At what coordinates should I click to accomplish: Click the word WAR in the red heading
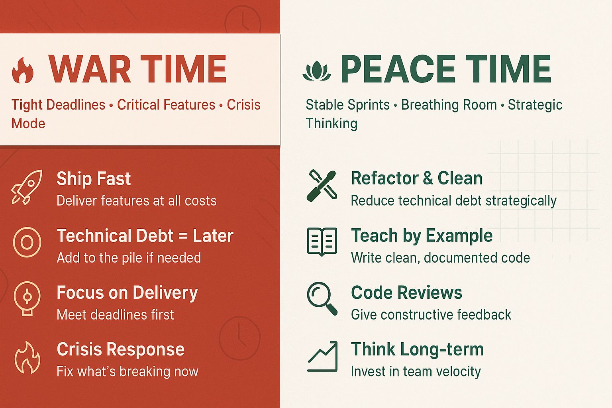point(90,69)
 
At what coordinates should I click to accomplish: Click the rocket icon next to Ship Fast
point(27,187)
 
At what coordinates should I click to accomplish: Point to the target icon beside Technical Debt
point(27,242)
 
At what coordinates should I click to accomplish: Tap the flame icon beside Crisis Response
point(27,357)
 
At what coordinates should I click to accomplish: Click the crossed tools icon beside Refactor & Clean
point(322,186)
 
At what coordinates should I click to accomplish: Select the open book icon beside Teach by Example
point(322,241)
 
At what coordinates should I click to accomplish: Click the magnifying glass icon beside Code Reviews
point(322,298)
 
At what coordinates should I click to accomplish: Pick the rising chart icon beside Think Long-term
point(322,356)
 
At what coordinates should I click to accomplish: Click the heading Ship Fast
point(94,179)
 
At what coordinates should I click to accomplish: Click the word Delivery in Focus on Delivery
point(165,293)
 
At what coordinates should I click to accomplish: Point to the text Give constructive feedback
point(431,314)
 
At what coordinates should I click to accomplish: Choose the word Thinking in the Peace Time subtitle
point(331,124)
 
